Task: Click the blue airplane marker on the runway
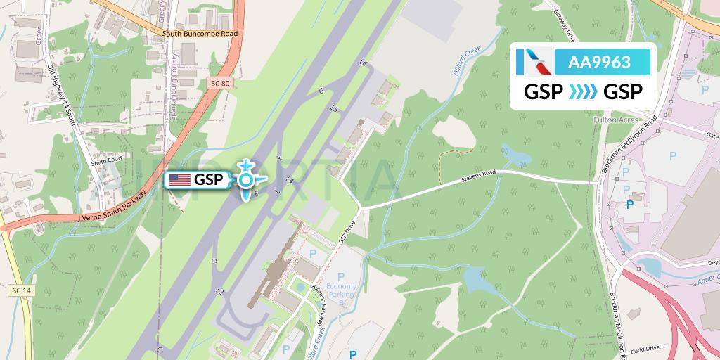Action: (x=245, y=180)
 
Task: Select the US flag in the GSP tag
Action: (x=180, y=180)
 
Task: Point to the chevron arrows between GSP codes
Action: (x=583, y=93)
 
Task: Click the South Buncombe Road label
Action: (x=200, y=33)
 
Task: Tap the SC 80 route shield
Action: (x=219, y=83)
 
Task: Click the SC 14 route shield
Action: (x=21, y=290)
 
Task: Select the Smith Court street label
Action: (x=106, y=160)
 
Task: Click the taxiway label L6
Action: (x=363, y=64)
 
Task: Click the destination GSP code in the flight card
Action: (x=623, y=93)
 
